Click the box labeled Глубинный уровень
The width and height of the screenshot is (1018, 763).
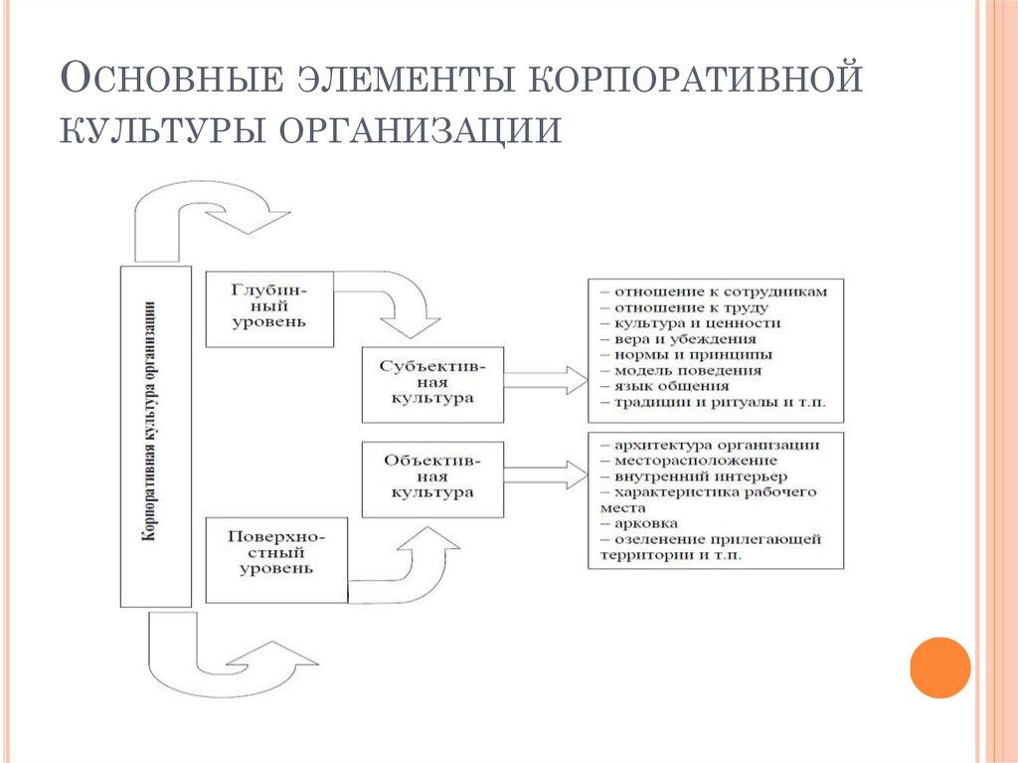(x=268, y=307)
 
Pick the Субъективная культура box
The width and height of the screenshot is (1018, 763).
(x=431, y=382)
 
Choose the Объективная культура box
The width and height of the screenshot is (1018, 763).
(x=431, y=477)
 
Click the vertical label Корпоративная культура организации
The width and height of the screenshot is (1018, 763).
(x=155, y=436)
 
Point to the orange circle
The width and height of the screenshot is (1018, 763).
(x=938, y=667)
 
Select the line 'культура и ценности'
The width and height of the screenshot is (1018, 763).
(x=696, y=323)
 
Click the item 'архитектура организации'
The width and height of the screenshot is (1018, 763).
(x=716, y=445)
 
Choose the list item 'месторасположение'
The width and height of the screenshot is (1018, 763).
(x=695, y=461)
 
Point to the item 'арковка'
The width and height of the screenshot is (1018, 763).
(x=646, y=522)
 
